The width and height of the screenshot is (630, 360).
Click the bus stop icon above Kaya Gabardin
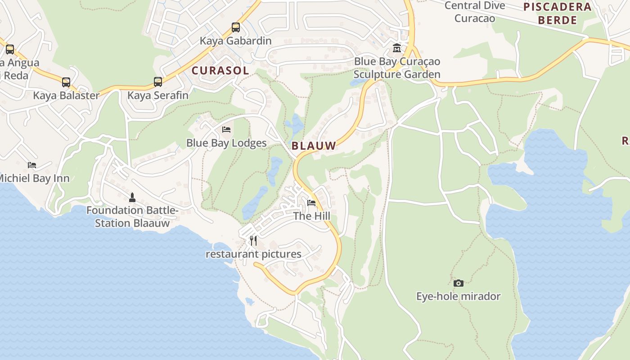[x=236, y=27]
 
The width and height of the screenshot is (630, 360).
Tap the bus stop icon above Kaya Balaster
[x=66, y=82]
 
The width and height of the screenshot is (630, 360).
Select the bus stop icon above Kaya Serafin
[x=158, y=82]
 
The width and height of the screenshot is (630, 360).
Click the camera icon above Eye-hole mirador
[x=459, y=283]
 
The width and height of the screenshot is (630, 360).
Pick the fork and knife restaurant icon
[x=253, y=241]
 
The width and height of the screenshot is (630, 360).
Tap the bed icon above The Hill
[x=311, y=202]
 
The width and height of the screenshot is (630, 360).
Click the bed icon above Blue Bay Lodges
[x=226, y=130]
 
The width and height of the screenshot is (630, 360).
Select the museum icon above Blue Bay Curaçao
[x=397, y=48]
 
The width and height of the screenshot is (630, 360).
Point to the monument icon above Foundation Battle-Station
[x=132, y=197]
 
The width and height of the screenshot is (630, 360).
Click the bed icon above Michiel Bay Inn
[x=32, y=165]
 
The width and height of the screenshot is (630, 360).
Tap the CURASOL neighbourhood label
[x=220, y=71]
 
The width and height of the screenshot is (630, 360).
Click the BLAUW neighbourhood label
[x=314, y=146]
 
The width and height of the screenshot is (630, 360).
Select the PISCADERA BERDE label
[x=558, y=13]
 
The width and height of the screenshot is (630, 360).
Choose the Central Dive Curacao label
[x=475, y=12]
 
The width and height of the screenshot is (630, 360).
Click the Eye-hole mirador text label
[x=458, y=296]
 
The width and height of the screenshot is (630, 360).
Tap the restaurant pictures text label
[x=253, y=254]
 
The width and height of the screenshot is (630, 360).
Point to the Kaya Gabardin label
[x=236, y=41]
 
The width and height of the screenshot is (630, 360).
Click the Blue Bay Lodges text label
[x=226, y=143]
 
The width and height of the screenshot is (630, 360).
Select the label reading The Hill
[x=311, y=216]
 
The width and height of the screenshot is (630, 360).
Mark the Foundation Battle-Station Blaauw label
[x=132, y=216]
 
